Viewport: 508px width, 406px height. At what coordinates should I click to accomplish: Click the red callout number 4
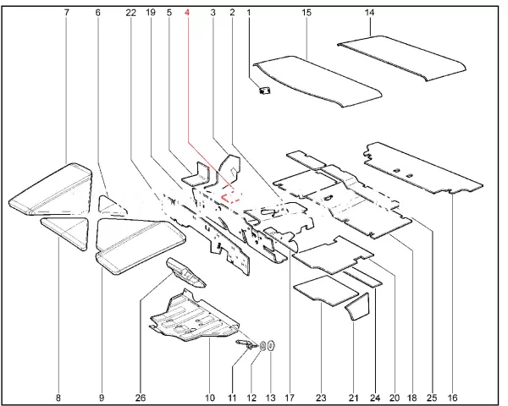tap(186, 13)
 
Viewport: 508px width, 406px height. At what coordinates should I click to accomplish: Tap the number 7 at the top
tap(67, 13)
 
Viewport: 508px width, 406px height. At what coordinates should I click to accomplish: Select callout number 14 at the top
tap(369, 13)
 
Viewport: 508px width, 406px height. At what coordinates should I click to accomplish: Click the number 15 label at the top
tap(306, 13)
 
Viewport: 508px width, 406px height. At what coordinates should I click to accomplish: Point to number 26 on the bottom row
tap(141, 398)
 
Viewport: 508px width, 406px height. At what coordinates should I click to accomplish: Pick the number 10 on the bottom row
tap(210, 398)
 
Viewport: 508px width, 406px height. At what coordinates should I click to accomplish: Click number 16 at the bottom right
tap(452, 398)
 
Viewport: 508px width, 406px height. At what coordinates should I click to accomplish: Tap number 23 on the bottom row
tap(321, 398)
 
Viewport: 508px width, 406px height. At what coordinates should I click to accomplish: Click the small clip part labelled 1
tap(265, 91)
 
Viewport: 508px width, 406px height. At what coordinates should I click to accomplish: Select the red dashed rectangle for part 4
tap(230, 196)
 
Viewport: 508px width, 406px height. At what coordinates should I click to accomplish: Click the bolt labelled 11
tap(246, 345)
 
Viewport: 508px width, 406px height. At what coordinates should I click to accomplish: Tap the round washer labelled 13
tap(271, 346)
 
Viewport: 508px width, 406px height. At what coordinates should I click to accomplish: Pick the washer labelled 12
tap(263, 346)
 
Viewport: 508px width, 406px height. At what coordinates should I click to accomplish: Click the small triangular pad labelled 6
tap(111, 206)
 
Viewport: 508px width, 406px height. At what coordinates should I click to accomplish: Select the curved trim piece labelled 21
tap(358, 306)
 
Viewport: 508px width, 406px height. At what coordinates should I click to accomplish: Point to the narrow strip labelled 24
tap(362, 277)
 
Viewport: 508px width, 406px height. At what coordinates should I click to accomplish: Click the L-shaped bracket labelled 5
tap(196, 175)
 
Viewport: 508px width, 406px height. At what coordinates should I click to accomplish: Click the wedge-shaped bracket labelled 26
tap(185, 272)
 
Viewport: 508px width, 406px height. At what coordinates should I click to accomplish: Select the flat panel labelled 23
tap(326, 290)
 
